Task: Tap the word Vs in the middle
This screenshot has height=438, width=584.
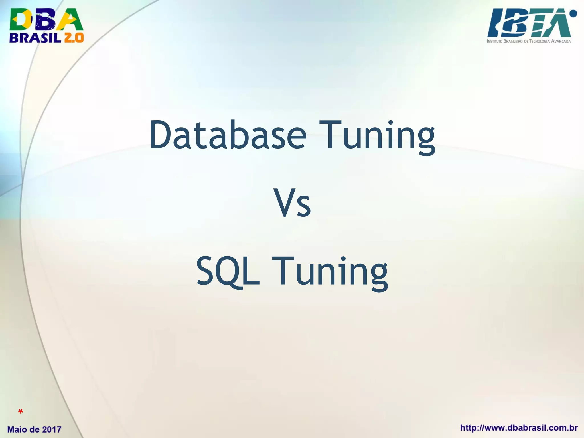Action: [292, 203]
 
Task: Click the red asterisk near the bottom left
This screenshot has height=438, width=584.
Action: [20, 412]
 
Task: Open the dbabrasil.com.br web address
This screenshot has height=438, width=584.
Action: [519, 428]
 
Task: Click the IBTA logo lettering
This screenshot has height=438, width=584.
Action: [528, 23]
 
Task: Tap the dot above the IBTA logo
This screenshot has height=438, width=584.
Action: [573, 13]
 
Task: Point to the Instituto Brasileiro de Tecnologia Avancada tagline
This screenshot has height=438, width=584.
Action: [529, 41]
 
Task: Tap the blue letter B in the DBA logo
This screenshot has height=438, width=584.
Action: [45, 19]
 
